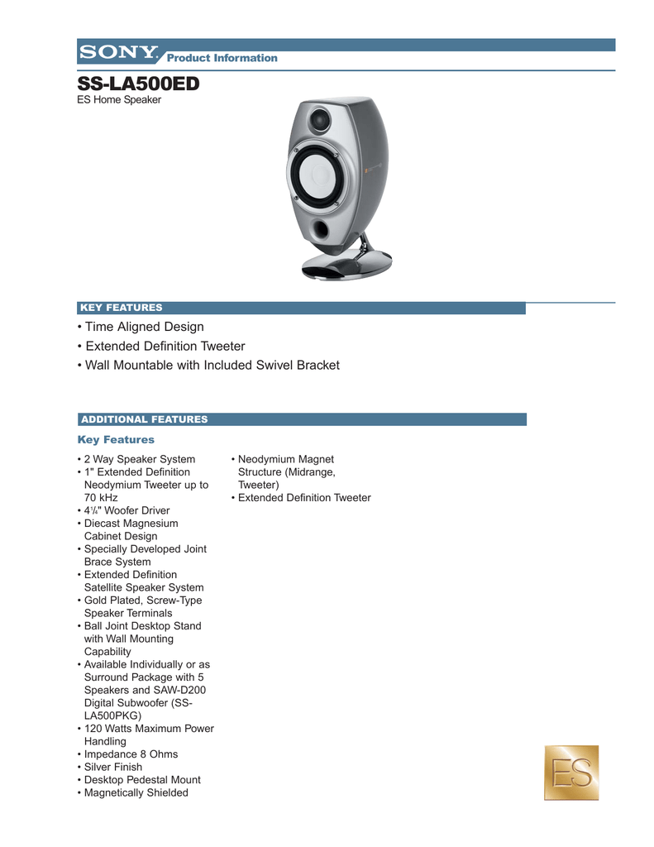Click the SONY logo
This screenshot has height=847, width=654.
[118, 52]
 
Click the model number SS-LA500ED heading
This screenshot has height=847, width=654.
[138, 84]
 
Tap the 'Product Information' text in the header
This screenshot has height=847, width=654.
[222, 58]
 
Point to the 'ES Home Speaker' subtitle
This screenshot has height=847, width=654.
[119, 100]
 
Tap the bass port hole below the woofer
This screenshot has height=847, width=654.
[322, 230]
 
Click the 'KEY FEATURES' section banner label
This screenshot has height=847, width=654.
[121, 308]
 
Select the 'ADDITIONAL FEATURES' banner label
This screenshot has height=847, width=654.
[143, 419]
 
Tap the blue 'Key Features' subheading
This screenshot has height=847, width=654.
[116, 439]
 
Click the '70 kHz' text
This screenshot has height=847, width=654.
[101, 498]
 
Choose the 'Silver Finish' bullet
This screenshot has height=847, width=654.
[113, 767]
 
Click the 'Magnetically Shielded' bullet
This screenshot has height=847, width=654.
[136, 792]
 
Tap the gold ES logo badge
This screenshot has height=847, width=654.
[570, 773]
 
